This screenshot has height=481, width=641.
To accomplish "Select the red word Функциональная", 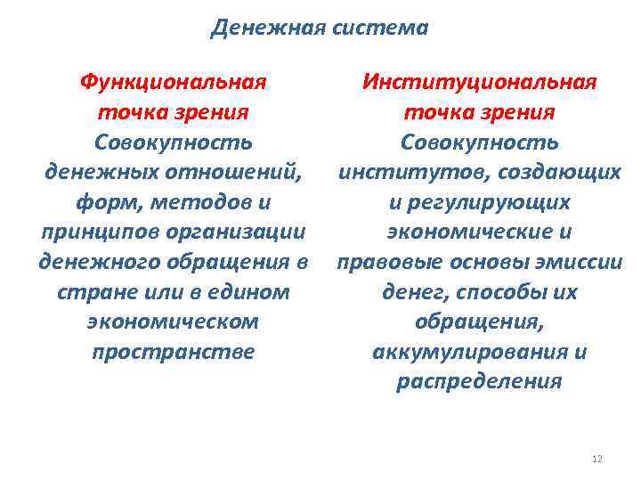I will coord(173,82).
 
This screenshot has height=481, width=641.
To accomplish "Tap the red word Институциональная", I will coord(479,82).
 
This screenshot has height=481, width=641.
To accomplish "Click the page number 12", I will coord(596,459).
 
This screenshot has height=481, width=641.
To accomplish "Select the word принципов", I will coord(92,232).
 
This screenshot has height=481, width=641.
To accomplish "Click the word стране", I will coord(84,291).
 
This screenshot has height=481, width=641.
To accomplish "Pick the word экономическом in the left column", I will coord(173,322).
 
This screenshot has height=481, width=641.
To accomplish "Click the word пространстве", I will coord(173,352).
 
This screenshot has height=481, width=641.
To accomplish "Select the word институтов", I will coord(394,172).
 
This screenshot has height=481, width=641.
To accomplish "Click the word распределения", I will coord(479,382).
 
